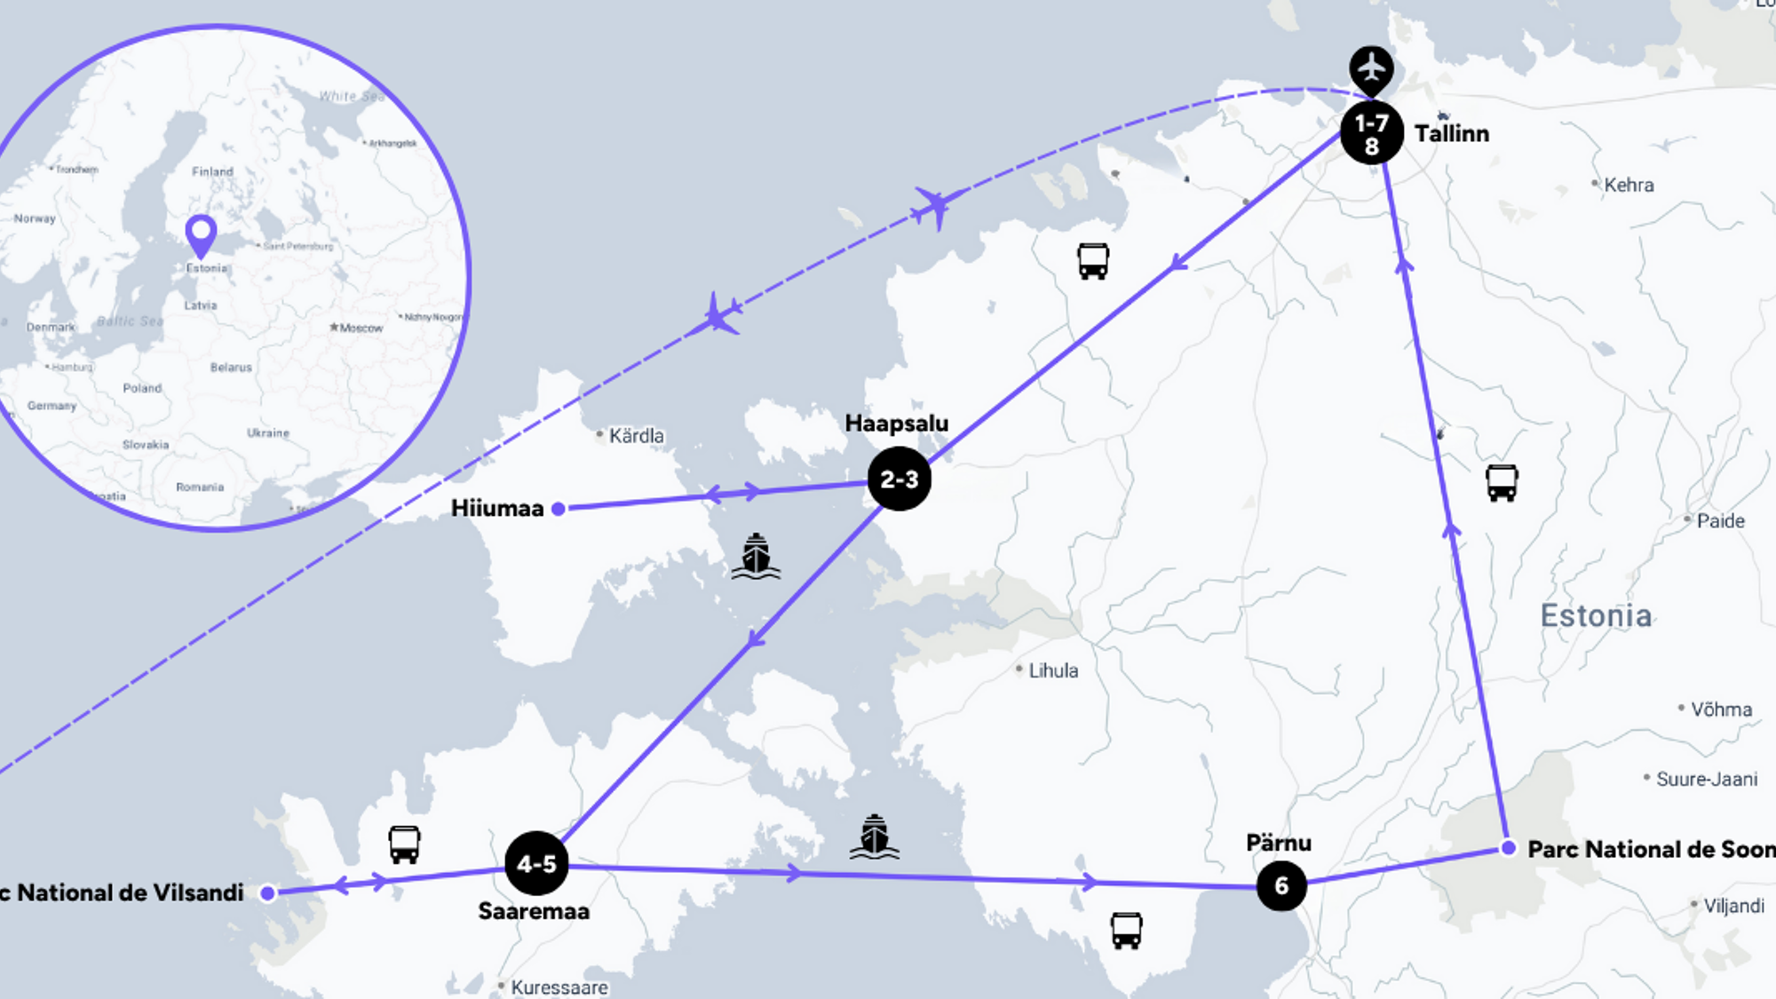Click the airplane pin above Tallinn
[x=1371, y=68]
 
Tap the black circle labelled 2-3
[x=899, y=479]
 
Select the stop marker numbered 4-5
[x=536, y=863]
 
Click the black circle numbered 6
[x=1281, y=885]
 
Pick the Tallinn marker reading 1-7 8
[x=1371, y=133]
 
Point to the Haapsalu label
[x=896, y=424]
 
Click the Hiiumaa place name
[x=496, y=508]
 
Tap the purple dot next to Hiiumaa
[x=559, y=509]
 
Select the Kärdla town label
[x=636, y=436]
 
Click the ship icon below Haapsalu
[x=756, y=557]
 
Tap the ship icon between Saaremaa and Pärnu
[x=875, y=836]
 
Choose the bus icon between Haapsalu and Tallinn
[x=1092, y=261]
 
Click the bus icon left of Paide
[x=1502, y=483]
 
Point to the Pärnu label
[x=1278, y=843]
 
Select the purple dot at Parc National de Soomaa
[x=1508, y=848]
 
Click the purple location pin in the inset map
[x=202, y=235]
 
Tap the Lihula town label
[x=1053, y=671]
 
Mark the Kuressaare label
[x=559, y=987]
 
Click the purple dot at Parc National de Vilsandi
[x=267, y=893]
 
